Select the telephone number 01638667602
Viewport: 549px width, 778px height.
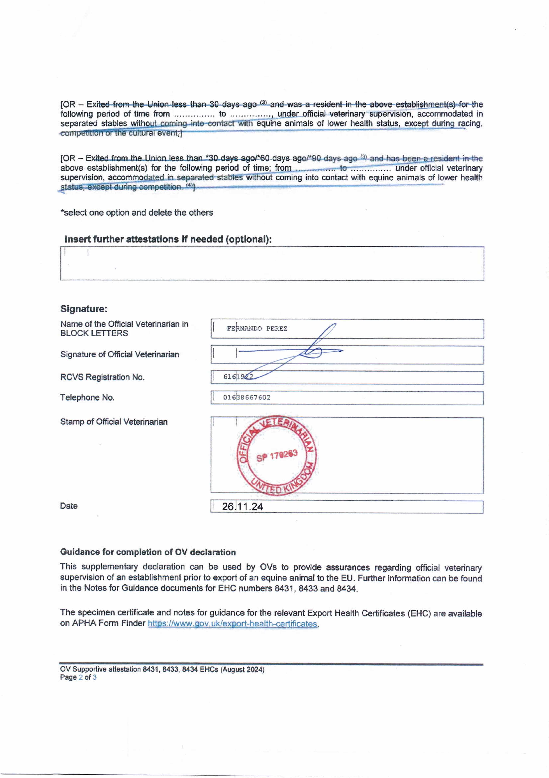click(247, 397)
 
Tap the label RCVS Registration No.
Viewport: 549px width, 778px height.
click(102, 377)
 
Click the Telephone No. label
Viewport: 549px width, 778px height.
click(87, 397)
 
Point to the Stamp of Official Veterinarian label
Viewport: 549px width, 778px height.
click(114, 422)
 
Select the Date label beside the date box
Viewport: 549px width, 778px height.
click(69, 506)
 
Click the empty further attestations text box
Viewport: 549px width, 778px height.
click(272, 264)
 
